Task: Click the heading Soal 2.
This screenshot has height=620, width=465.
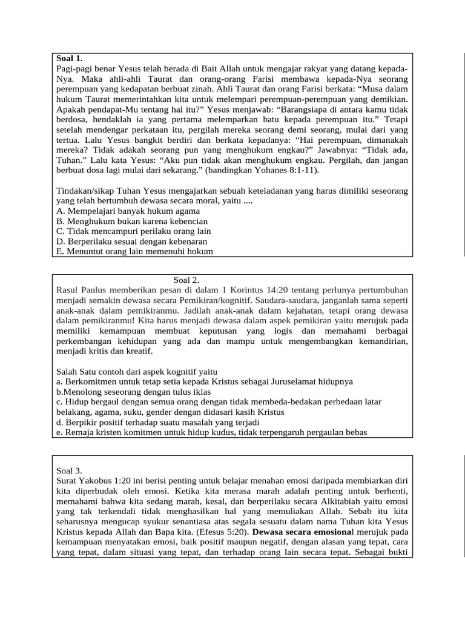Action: click(x=186, y=280)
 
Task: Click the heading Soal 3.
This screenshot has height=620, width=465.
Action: click(x=69, y=470)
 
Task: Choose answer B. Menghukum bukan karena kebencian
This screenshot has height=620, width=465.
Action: click(x=131, y=221)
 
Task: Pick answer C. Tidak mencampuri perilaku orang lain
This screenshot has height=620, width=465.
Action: click(x=133, y=231)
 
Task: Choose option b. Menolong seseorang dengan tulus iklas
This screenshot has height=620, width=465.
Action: click(x=137, y=392)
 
